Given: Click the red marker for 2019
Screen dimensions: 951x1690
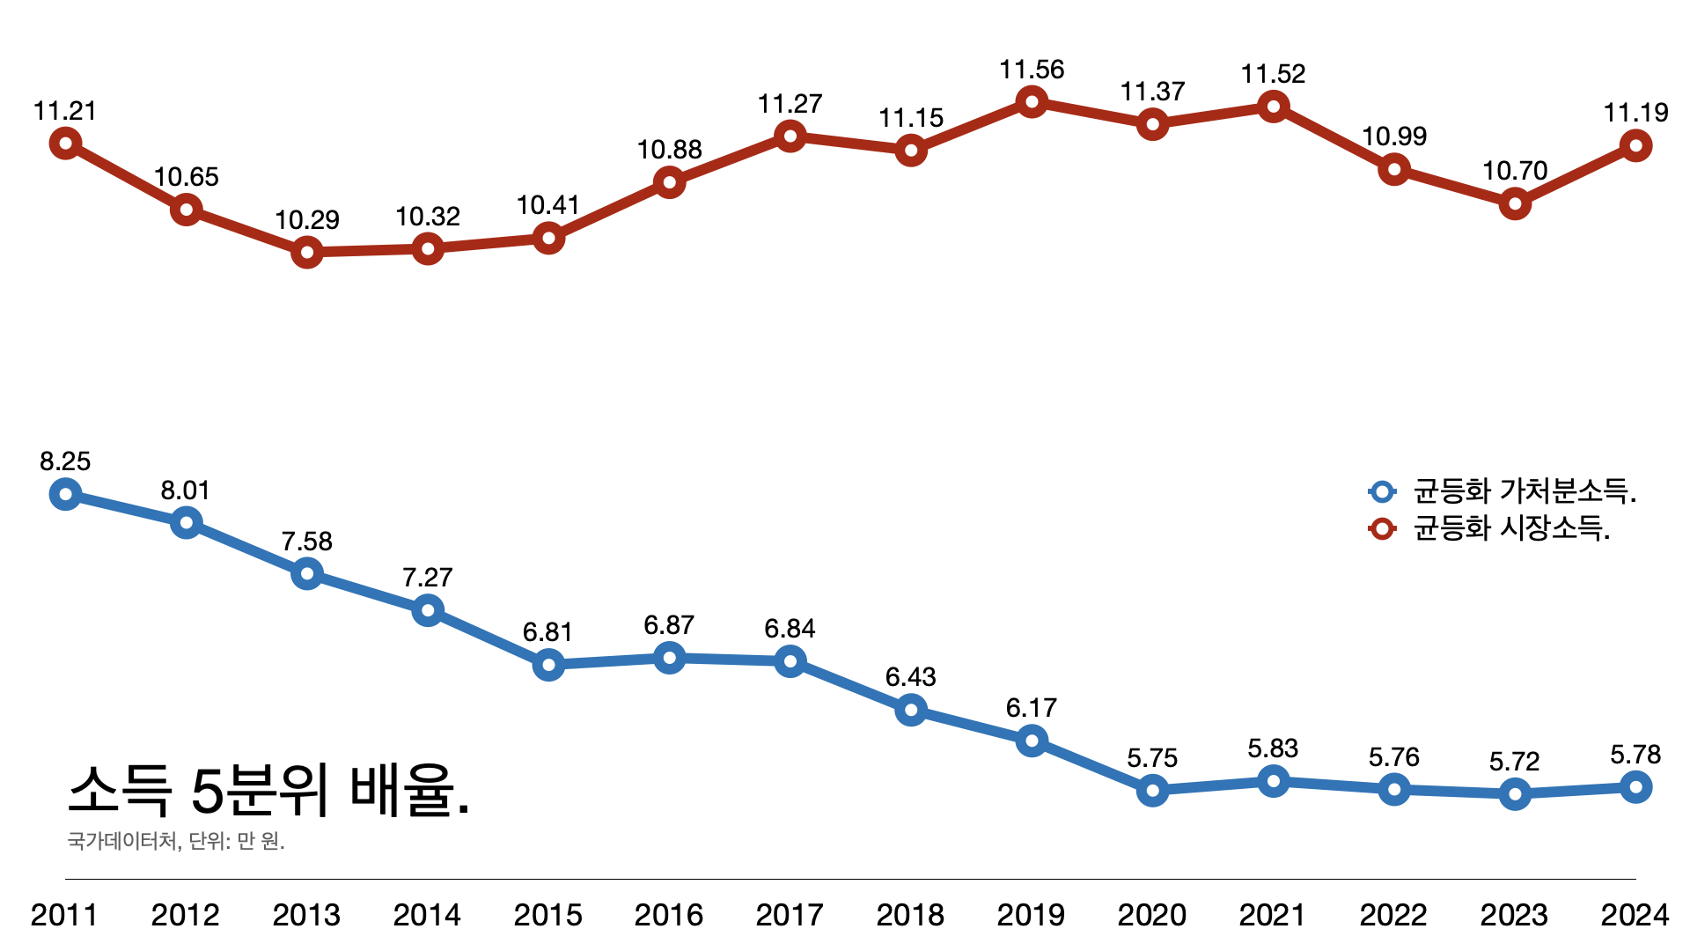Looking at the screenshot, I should pos(1032,102).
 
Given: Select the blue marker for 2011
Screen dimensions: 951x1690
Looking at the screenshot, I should pos(65,494).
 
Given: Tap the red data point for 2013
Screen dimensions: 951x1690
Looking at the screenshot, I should pos(306,253).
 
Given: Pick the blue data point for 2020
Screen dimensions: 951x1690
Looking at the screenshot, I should pos(1152,791).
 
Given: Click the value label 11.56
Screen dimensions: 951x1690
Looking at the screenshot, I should pos(1032,70).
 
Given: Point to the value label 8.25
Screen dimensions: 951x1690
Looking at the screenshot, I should pos(65,461).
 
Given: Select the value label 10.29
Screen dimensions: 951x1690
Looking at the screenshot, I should pos(306,220).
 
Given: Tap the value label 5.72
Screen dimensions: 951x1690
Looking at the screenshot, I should pos(1514,762).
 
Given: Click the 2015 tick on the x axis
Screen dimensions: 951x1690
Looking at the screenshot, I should pos(547,916).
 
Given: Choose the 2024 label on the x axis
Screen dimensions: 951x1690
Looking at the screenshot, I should pos(1635,916).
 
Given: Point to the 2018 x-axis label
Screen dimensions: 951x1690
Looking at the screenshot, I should pos(910,916).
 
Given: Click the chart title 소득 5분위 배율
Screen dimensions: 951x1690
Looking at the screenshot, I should pos(268,790).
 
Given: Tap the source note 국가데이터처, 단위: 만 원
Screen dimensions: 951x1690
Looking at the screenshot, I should pos(176,842).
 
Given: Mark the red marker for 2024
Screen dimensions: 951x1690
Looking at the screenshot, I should pos(1635,145).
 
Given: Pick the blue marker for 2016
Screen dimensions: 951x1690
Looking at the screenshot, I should pos(669,658).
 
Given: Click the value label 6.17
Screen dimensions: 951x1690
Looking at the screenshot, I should pos(1032,708).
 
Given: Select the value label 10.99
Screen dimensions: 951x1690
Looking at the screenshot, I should pos(1394,136).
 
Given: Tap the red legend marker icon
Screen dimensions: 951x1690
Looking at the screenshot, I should pos(1382,528).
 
